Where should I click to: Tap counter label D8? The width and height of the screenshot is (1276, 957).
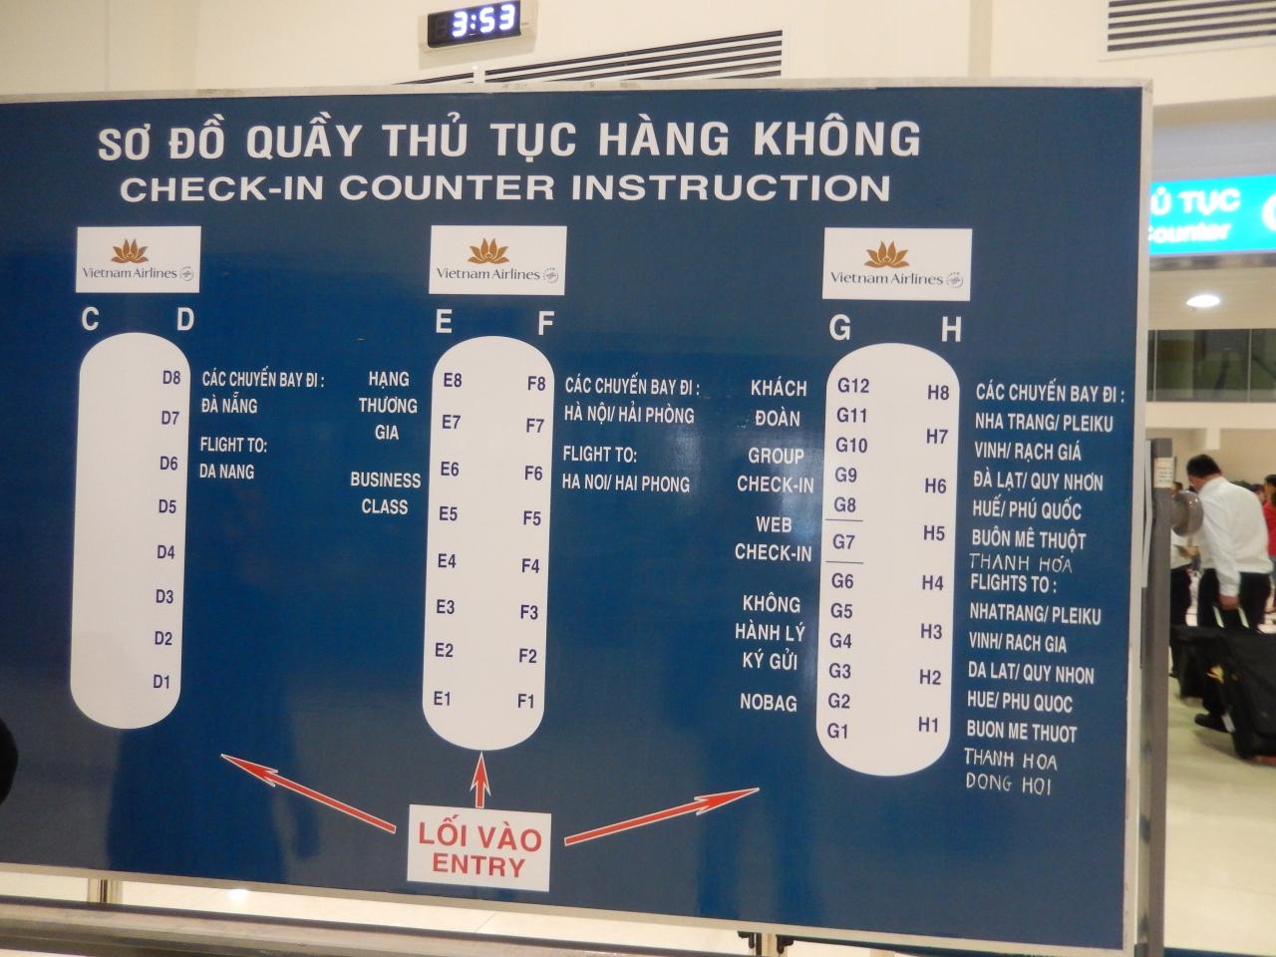(x=170, y=378)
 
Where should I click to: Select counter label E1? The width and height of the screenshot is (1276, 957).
(x=442, y=699)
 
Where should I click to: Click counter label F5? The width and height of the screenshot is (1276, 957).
(x=532, y=517)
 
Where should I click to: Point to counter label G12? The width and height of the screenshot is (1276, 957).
(x=852, y=385)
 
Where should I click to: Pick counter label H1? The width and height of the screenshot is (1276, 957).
(x=928, y=725)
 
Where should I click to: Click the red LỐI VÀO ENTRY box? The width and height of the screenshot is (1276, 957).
(x=478, y=848)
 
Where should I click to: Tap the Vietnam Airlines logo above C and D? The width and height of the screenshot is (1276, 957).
(x=139, y=259)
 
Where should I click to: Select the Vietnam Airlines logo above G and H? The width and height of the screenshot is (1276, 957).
(x=896, y=264)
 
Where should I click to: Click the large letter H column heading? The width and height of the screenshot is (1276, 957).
(x=951, y=330)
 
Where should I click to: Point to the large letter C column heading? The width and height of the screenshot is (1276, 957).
(x=90, y=319)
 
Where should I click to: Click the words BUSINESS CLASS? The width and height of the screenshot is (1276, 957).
(x=385, y=493)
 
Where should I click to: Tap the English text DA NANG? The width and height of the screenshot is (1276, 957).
(x=226, y=472)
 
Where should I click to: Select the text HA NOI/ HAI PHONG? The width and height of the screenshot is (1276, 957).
(x=625, y=483)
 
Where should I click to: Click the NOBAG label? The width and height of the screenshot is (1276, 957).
(x=768, y=703)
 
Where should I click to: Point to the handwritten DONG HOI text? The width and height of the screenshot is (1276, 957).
(x=1009, y=784)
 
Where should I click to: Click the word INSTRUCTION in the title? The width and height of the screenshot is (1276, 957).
(x=731, y=187)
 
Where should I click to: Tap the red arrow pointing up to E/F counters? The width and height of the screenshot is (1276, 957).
(x=480, y=780)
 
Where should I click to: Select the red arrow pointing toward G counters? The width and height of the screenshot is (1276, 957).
(x=662, y=815)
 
